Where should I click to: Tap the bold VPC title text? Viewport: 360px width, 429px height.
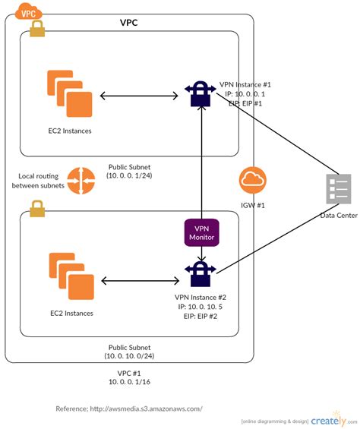coord(128,23)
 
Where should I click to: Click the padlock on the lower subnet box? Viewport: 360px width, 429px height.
coord(36,207)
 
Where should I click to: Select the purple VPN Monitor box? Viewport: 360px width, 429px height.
coord(201,232)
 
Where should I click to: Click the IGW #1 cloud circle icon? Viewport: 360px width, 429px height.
coord(252,181)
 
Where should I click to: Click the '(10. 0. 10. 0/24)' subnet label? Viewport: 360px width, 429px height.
coord(130,355)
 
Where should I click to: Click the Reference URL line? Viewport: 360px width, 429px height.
coord(129,408)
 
